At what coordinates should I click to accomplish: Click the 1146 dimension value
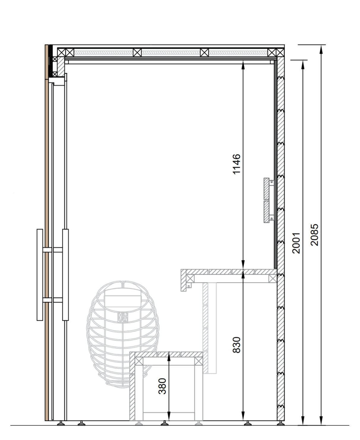tap(237, 164)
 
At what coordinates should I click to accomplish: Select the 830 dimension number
tap(237, 345)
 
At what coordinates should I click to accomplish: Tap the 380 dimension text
tap(162, 386)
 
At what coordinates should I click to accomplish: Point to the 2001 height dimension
tap(296, 243)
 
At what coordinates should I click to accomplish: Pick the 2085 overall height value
tap(315, 235)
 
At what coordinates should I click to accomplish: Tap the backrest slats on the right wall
tap(267, 200)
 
